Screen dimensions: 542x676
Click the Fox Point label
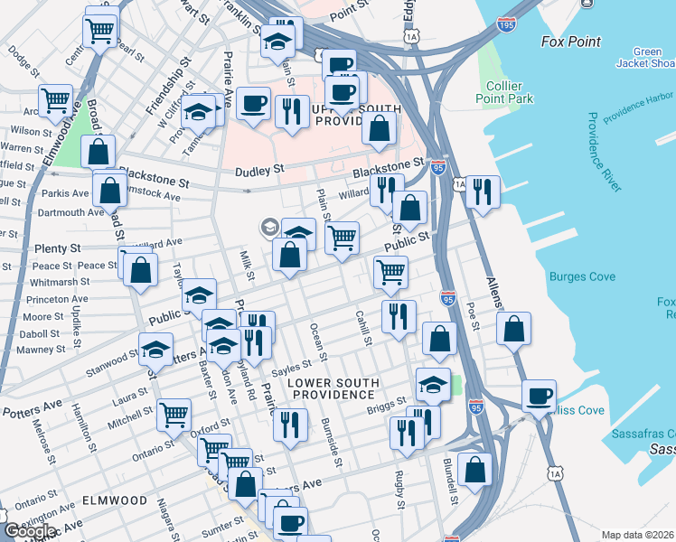[x=571, y=42]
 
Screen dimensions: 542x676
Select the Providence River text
[x=604, y=152]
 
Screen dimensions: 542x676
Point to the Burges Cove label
[x=582, y=276]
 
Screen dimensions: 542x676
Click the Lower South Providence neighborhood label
[x=333, y=389]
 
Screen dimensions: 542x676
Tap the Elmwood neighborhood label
[x=113, y=500]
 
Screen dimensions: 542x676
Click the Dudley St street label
[x=259, y=170]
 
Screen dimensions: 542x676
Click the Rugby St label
[x=398, y=476]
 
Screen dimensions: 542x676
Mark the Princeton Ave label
[x=58, y=299]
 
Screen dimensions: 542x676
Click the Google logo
[x=30, y=531]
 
